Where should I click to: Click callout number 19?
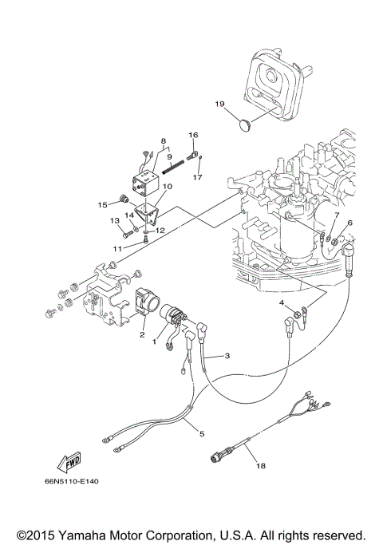pos(220,104)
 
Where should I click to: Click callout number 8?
pos(163,141)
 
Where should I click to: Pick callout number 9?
pos(169,156)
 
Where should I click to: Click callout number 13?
pos(113,220)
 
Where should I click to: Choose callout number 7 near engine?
pos(337,215)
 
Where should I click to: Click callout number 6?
pos(349,223)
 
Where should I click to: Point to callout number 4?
pos(282,304)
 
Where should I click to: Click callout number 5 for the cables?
pos(202,433)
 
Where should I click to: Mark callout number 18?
pos(257,462)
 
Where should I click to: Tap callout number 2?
pos(143,336)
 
